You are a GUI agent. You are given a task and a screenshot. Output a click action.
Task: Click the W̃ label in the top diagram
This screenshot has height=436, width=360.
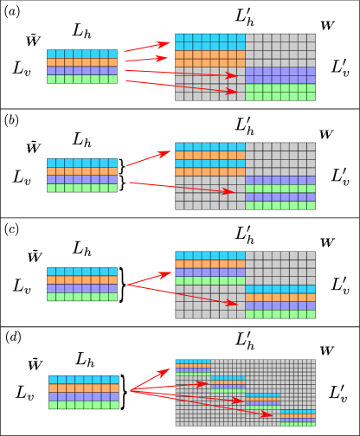click(33, 41)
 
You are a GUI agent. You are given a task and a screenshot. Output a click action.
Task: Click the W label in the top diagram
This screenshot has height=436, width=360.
click(326, 26)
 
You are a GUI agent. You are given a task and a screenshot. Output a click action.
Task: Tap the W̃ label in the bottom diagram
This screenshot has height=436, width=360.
click(35, 365)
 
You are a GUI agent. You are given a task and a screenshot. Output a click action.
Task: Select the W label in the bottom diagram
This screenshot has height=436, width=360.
click(325, 350)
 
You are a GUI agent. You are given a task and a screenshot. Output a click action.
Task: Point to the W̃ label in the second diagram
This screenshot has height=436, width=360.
click(34, 148)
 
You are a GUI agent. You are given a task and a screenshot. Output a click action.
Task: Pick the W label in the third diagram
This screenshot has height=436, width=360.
click(326, 243)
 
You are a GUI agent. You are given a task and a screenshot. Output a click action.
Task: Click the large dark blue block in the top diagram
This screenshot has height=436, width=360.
click(280, 75)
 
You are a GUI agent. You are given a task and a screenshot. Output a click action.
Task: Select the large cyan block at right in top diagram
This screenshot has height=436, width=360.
click(210, 42)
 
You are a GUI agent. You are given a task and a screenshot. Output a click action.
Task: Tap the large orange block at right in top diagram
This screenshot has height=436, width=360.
click(210, 59)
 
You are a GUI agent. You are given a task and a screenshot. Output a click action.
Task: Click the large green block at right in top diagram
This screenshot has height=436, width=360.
click(280, 92)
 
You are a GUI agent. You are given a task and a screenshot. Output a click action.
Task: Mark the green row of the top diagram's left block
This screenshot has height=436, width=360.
click(82, 79)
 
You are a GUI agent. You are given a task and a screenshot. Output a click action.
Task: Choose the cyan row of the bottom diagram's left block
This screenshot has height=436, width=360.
click(83, 380)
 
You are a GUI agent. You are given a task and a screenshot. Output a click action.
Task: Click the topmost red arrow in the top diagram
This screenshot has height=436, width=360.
click(147, 46)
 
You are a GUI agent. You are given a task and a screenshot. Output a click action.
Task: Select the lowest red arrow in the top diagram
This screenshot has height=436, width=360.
click(181, 87)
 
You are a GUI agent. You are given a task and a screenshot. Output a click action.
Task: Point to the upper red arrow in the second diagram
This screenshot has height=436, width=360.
click(149, 158)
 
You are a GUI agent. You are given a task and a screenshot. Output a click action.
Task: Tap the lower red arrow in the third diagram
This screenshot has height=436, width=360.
click(183, 294)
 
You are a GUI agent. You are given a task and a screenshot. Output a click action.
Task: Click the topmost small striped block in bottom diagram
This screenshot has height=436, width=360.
click(192, 368)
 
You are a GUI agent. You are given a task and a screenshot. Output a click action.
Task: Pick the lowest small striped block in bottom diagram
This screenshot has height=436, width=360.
click(298, 418)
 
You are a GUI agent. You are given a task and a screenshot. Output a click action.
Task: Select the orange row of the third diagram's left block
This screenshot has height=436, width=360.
click(82, 280)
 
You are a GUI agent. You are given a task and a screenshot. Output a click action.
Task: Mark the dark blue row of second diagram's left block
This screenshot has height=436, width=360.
click(82, 179)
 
